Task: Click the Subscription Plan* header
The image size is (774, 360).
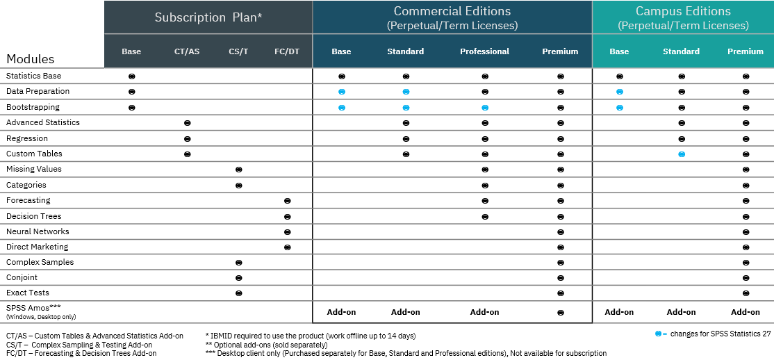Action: click(208, 17)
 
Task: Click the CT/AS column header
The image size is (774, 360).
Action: click(187, 51)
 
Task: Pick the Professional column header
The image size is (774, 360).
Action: click(484, 51)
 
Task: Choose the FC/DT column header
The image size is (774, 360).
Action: click(287, 51)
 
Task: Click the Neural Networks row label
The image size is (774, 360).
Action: click(38, 231)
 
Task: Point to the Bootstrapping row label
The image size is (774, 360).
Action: click(33, 107)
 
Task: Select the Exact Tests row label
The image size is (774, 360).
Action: click(28, 293)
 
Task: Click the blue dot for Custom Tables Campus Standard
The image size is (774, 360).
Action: click(682, 154)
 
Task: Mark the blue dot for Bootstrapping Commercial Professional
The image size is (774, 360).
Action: click(485, 108)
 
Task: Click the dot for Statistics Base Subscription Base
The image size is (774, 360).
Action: click(131, 76)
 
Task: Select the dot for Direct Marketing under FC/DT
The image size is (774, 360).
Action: click(287, 247)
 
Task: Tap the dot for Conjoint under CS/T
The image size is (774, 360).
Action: click(238, 278)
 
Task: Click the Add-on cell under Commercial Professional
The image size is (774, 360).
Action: click(484, 312)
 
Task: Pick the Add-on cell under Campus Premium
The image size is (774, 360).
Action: click(746, 312)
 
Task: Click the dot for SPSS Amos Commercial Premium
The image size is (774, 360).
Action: click(560, 312)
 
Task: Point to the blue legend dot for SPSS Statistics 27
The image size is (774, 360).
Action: click(658, 334)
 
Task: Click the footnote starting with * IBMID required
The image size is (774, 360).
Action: click(311, 336)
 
